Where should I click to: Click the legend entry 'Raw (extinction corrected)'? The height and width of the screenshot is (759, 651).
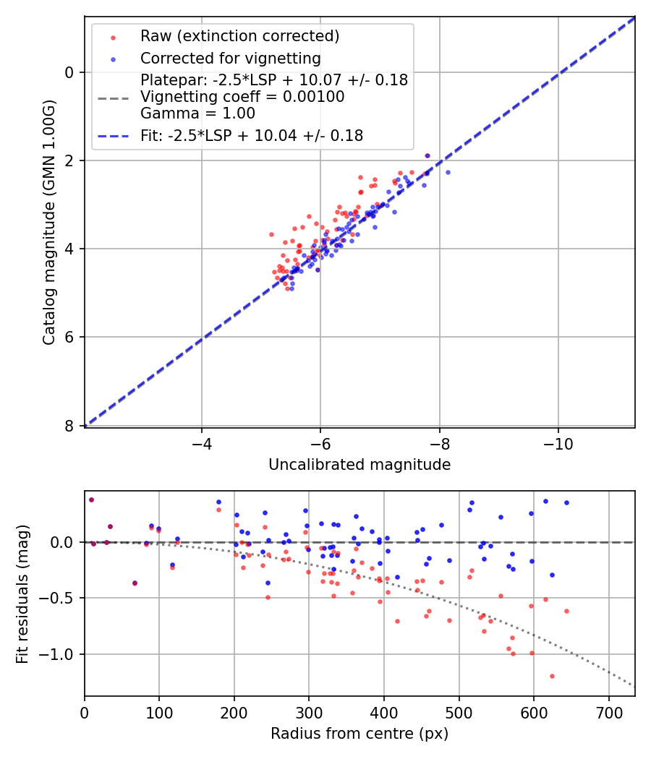pos(239,36)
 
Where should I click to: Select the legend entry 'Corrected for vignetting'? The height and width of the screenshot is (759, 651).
pos(231,58)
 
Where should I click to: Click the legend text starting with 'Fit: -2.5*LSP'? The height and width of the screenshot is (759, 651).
pos(252,135)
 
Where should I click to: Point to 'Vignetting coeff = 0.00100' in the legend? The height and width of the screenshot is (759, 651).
pos(242,97)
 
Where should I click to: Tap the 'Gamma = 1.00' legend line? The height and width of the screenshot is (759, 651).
pos(197,113)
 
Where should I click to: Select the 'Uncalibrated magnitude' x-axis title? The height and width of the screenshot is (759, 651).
pos(359,465)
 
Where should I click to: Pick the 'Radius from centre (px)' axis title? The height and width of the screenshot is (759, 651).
pos(359,734)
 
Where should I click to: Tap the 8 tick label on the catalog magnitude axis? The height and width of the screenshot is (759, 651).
pos(69,426)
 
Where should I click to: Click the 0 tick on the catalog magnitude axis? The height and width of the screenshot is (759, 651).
pos(69,72)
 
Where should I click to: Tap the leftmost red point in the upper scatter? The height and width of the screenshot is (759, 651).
pos(271,234)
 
